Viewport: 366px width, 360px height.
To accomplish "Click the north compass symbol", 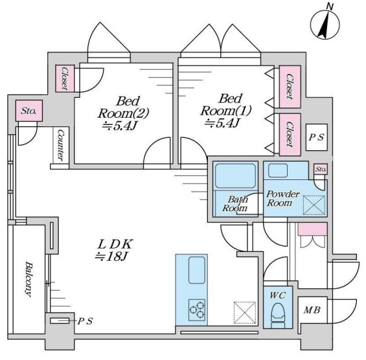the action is [325, 25].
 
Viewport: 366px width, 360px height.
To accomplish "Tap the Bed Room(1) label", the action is [225, 111].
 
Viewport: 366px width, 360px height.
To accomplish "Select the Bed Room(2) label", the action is [123, 113].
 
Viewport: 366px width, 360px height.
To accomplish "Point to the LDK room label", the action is [115, 250].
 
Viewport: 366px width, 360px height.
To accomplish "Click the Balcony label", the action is [29, 279].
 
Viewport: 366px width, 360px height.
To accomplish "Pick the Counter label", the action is [60, 145].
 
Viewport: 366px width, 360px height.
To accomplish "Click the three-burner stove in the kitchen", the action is [197, 310].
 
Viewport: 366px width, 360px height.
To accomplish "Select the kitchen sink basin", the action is [197, 270].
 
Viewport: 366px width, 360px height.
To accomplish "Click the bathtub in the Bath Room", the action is [235, 175].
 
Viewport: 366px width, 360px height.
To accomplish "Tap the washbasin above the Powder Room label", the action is [278, 170].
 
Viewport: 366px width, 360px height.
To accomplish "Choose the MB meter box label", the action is [312, 310].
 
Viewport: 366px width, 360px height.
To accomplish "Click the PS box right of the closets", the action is [317, 137].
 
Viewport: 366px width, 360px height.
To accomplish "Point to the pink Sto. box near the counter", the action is [29, 111].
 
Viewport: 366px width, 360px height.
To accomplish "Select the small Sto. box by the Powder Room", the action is [321, 169].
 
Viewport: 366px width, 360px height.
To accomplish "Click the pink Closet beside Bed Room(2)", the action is [65, 78].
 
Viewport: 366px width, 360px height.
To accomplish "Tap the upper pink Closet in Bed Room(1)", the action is [290, 87].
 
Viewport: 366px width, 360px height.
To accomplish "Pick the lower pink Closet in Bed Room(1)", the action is [290, 135].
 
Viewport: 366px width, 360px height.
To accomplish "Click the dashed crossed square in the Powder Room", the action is [314, 205].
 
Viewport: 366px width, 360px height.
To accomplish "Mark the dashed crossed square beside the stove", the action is [245, 313].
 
